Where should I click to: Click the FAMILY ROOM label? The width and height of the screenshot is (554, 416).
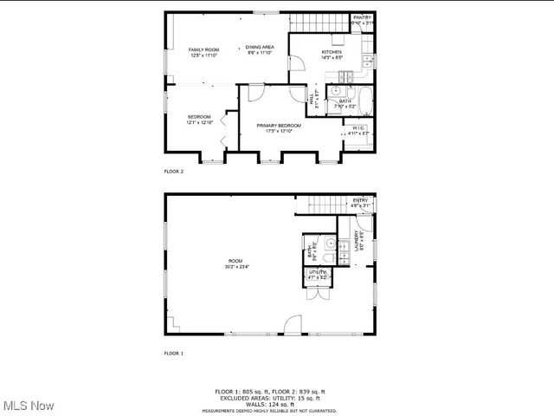click(x=204, y=50)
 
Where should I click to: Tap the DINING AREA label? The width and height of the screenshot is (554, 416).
click(x=260, y=47)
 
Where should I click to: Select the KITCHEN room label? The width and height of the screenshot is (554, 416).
click(x=332, y=52)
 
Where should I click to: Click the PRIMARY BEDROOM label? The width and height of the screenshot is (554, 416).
click(x=280, y=126)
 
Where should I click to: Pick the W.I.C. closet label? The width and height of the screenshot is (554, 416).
click(x=359, y=128)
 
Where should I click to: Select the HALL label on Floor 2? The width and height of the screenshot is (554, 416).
click(x=312, y=100)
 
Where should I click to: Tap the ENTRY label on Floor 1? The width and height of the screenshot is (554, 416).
click(x=360, y=201)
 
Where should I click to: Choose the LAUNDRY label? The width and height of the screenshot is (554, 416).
click(x=356, y=240)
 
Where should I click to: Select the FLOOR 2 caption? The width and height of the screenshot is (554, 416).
click(x=174, y=172)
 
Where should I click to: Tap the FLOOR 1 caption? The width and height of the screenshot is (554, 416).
click(x=174, y=353)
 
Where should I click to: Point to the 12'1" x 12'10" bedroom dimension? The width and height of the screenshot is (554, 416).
click(x=199, y=122)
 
